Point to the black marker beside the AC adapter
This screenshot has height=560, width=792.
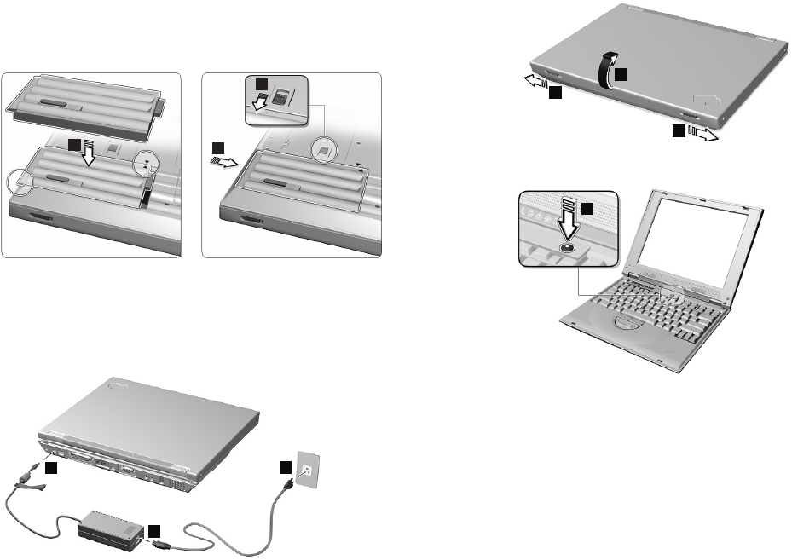point(153,531)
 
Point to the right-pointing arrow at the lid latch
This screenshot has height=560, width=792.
point(702,132)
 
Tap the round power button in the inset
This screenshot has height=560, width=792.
point(568,247)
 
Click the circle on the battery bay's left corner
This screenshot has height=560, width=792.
point(20,180)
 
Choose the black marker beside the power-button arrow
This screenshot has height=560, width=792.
point(587,208)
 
